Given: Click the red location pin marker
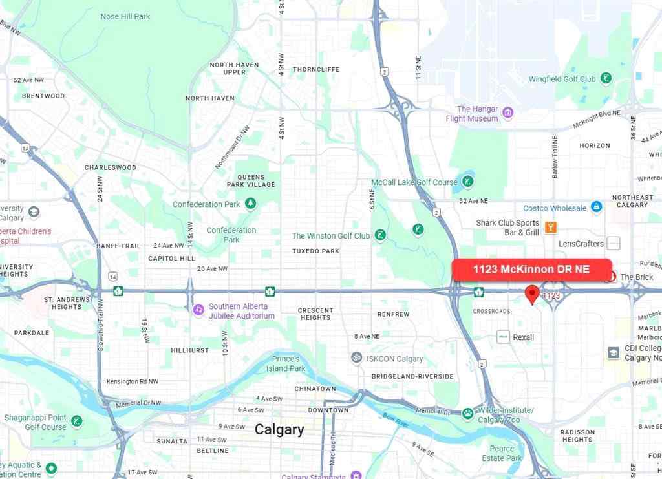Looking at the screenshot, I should click(531, 294).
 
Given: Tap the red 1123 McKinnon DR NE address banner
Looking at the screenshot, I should click(531, 269).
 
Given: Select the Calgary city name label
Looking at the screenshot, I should click(279, 429).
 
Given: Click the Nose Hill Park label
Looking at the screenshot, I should click(125, 16).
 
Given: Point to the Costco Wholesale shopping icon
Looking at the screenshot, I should click(596, 208).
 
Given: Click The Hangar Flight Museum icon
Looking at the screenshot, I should click(508, 114).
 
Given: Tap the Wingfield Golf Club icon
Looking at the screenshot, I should click(606, 79).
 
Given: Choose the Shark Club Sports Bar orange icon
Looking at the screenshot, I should click(550, 227).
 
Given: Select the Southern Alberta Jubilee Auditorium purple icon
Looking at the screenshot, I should click(198, 310).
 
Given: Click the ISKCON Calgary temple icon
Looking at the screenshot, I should click(356, 358).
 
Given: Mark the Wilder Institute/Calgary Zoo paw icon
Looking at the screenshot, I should click(467, 413).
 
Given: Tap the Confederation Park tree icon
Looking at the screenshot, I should click(250, 204).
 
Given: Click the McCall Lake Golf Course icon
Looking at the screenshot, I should click(467, 182).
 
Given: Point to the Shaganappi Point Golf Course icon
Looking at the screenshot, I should click(77, 421).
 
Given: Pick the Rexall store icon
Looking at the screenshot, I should click(504, 337).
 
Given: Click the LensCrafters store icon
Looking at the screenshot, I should click(614, 243).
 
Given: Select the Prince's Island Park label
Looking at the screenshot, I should click(288, 363).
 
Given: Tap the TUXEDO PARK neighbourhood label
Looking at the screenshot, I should click(315, 251).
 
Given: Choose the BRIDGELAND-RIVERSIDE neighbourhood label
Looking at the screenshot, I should click(412, 376).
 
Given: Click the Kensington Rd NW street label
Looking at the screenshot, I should click(133, 381).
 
